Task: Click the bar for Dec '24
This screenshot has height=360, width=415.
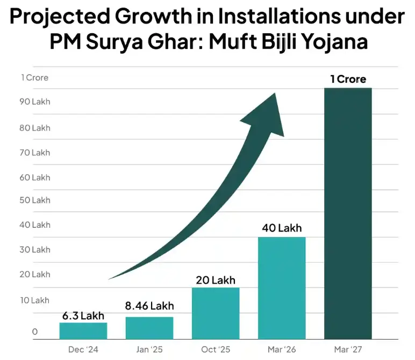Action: coord(83,331)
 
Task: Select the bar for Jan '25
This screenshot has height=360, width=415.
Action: coord(149,328)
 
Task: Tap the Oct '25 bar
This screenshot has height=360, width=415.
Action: coord(216,314)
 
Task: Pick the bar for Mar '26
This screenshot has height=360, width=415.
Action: coord(282,289)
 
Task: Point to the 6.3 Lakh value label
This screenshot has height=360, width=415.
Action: coord(83,315)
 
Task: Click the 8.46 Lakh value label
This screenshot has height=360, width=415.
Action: coord(149,306)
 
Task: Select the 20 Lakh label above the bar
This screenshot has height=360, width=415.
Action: coord(216,280)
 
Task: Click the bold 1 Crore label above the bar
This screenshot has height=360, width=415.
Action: coord(348,79)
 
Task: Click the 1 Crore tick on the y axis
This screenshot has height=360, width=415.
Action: coord(35,77)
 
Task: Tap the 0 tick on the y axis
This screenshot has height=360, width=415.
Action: coord(35,332)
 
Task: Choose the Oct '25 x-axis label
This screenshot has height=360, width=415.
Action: coord(216,349)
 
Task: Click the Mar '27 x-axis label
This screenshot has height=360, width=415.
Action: coord(348,349)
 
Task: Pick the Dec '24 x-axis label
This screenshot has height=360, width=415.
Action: coord(83,349)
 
